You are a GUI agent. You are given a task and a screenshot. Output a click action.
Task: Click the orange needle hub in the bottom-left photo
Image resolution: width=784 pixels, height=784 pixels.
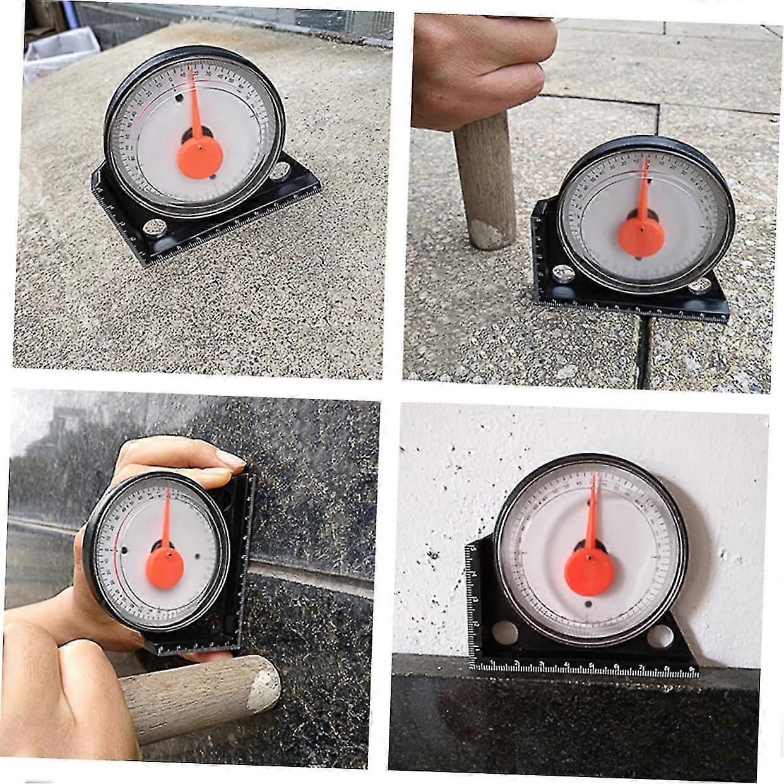pyautogui.click(x=165, y=566)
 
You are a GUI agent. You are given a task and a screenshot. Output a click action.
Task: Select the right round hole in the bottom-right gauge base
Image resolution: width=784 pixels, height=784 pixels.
pyautogui.click(x=662, y=634)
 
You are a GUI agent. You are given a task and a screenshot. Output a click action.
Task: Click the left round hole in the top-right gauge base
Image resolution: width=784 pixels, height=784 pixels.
pyautogui.click(x=564, y=274)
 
